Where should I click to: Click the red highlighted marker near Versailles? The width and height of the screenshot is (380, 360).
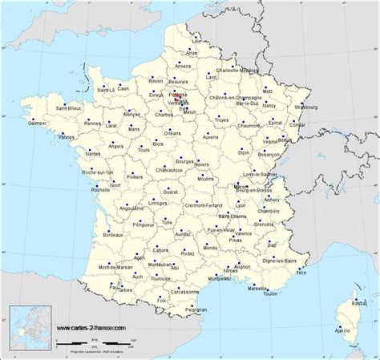click(187, 99)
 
